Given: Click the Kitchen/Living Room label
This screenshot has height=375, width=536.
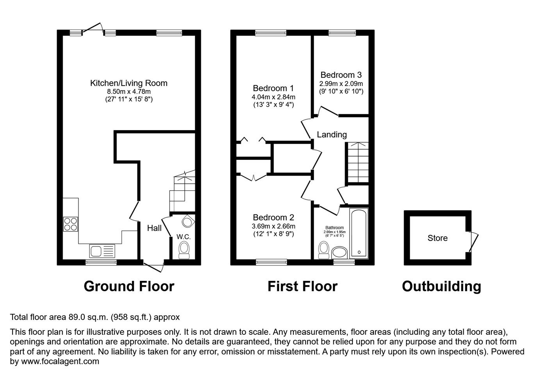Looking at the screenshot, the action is [129, 83].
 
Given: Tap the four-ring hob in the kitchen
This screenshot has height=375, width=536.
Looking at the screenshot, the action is [71, 224].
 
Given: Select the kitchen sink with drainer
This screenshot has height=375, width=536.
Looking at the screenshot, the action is [102, 251].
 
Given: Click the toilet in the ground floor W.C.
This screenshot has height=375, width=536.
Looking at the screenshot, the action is [184, 250].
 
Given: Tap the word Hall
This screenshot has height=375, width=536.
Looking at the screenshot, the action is [154, 228].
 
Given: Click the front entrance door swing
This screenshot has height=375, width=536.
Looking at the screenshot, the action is [154, 267].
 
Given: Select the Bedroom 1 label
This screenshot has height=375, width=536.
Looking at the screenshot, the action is [273, 88].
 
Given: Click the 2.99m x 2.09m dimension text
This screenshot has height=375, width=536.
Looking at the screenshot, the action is [341, 84].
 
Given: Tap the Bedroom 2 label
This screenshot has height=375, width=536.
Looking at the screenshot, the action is [273, 217].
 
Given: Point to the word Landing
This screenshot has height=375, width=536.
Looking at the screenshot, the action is [332, 135].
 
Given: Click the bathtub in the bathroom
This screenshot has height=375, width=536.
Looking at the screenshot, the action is [359, 233].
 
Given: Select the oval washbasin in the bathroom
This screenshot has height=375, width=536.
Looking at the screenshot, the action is [339, 253].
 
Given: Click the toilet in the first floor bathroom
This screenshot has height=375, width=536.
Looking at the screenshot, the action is [324, 250].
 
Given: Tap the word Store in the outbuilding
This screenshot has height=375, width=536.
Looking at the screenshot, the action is [438, 238].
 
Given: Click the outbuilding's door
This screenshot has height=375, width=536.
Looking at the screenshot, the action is [473, 242].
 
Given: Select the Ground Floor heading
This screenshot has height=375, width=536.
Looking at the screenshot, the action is [129, 286].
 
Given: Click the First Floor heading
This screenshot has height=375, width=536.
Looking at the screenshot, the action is [302, 286].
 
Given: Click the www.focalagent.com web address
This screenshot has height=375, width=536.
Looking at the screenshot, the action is [60, 361].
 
